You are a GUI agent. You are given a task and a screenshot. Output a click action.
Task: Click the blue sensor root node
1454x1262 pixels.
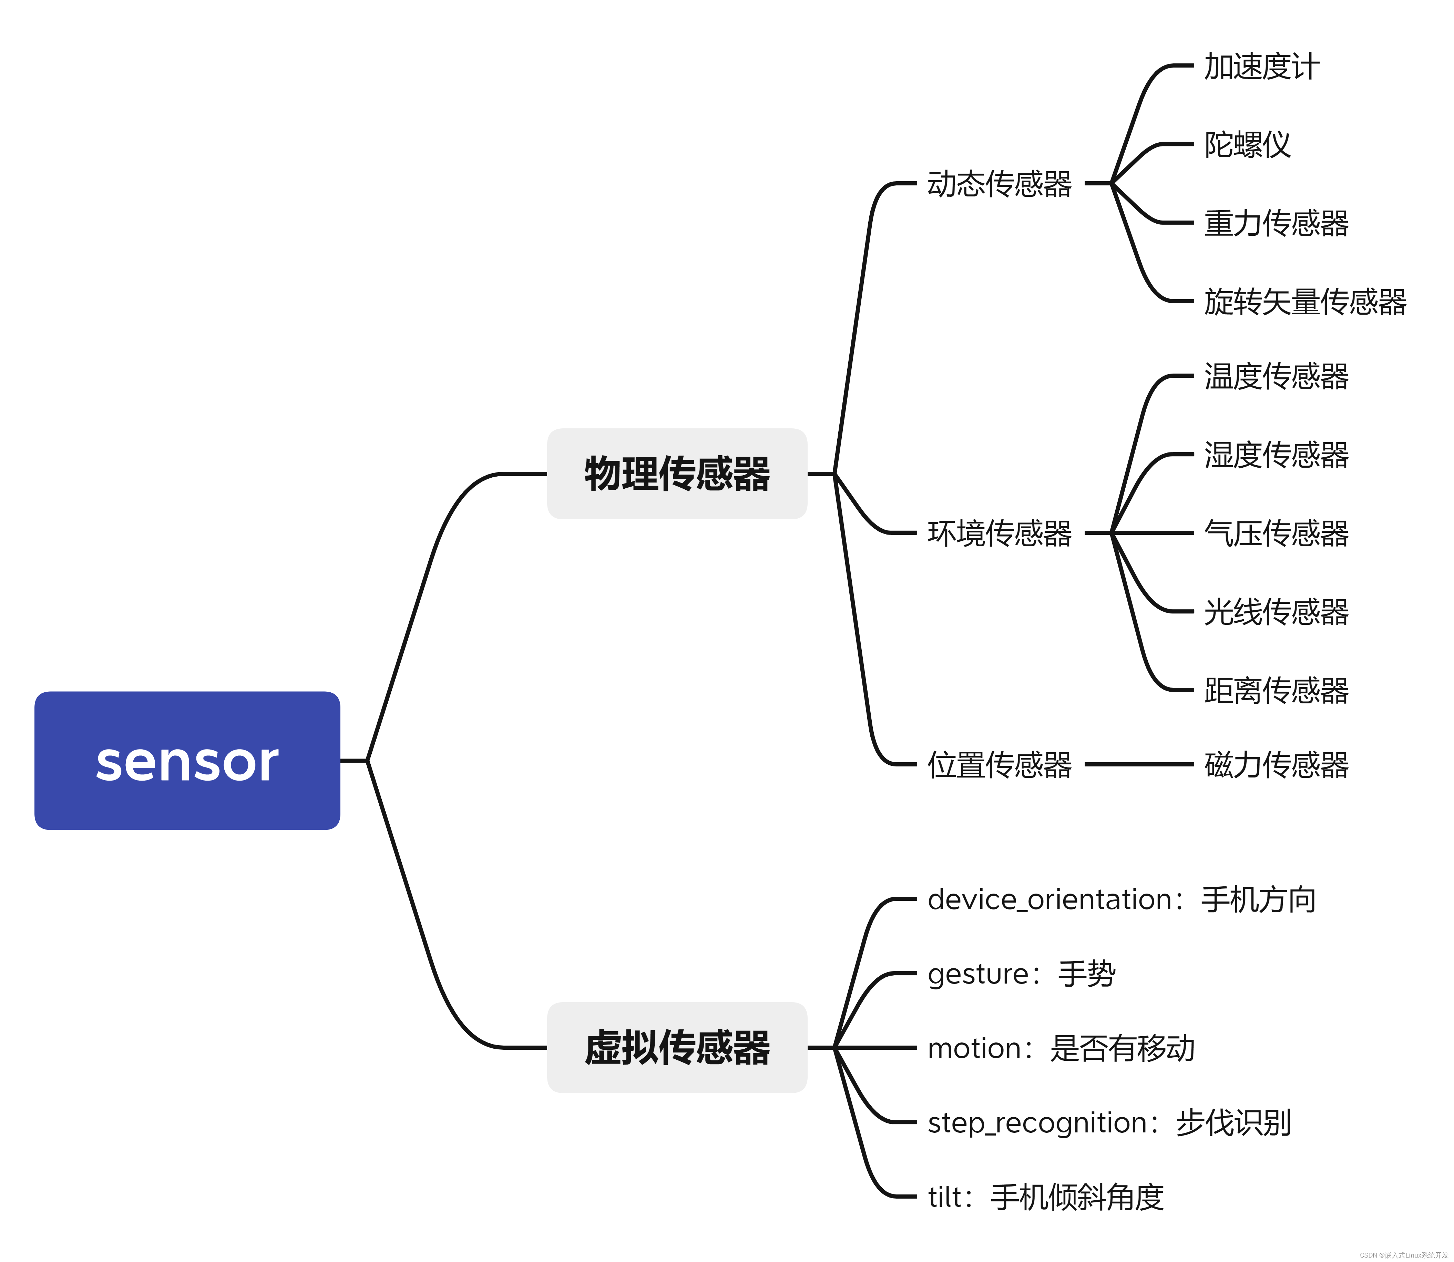[x=187, y=761]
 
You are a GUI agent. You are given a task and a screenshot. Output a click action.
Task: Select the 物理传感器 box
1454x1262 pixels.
[x=677, y=473]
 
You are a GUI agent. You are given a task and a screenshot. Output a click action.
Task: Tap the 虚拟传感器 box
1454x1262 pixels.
[x=677, y=1047]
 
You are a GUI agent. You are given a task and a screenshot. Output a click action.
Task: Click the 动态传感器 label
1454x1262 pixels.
[x=999, y=184]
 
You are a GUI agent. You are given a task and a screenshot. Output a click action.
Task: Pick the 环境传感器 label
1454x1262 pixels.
[x=999, y=533]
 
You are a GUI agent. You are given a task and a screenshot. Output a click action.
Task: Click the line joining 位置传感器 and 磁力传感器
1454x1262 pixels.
[x=1138, y=764]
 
